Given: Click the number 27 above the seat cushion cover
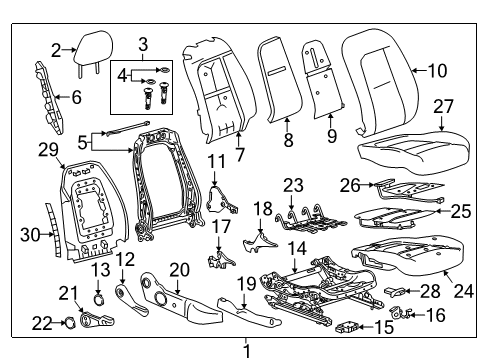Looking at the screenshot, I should pos(443,106).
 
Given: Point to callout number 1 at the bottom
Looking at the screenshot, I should pos(244,349).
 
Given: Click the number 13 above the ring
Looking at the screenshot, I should pos(100,270).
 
